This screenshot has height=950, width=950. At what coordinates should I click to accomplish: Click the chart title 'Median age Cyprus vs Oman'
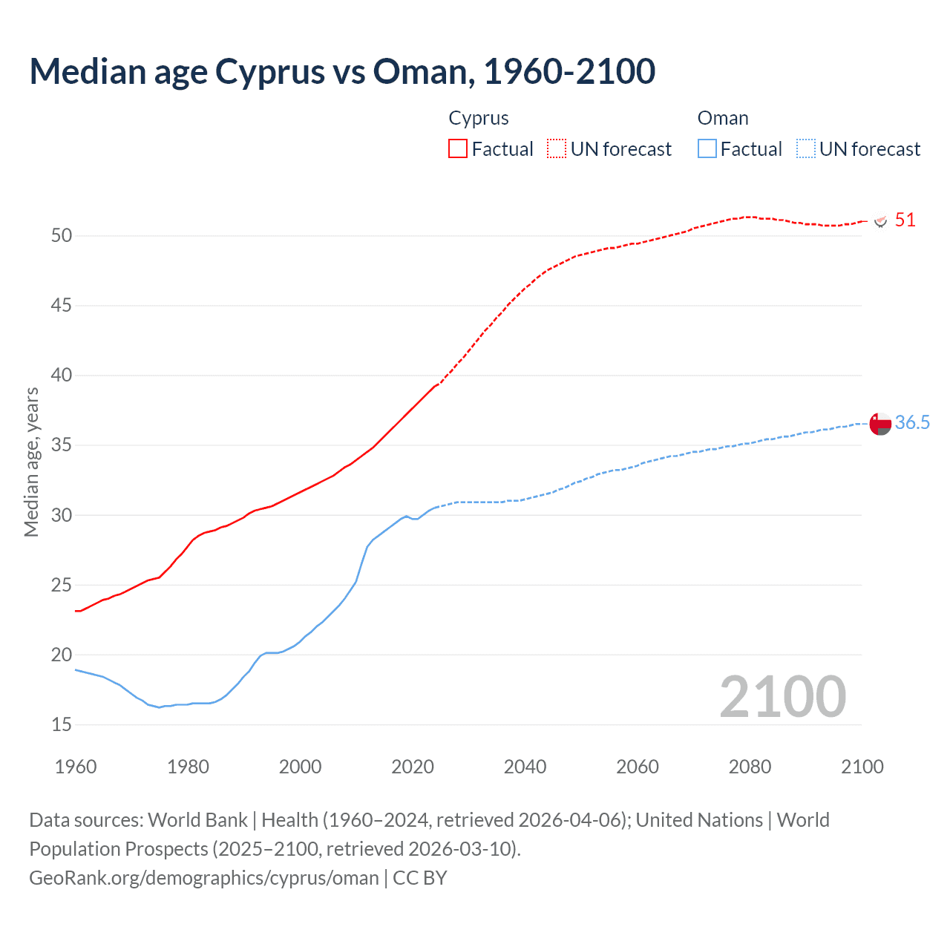(342, 71)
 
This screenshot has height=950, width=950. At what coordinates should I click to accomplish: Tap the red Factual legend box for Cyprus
(458, 148)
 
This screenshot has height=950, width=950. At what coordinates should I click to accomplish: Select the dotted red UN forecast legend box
(557, 148)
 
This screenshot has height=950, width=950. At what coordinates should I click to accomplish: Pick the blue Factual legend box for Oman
(707, 148)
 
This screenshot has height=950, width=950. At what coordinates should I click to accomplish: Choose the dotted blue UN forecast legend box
(806, 148)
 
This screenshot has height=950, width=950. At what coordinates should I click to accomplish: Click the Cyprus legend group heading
(479, 118)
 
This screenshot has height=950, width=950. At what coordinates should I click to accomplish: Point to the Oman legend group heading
(723, 118)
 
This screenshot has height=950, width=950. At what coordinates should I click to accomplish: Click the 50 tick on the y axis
(62, 235)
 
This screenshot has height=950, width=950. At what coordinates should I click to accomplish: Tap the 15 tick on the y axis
(62, 724)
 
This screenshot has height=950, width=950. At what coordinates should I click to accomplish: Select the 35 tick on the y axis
(62, 445)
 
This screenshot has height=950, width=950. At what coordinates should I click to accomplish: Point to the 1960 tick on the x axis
(76, 767)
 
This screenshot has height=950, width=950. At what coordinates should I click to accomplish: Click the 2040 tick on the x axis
(525, 767)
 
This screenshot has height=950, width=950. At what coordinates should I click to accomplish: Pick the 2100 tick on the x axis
(862, 767)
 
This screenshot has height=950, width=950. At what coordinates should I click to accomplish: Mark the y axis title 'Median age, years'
(31, 462)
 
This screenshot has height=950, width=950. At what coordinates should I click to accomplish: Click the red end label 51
(905, 220)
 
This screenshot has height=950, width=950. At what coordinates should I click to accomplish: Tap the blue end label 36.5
(912, 422)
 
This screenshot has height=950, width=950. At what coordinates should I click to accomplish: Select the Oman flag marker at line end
(880, 424)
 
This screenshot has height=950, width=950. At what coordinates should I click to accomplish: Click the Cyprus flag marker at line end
(881, 221)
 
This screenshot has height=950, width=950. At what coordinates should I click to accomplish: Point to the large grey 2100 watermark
(782, 696)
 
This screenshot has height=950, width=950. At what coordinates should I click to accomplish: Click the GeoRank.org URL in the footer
(204, 878)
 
